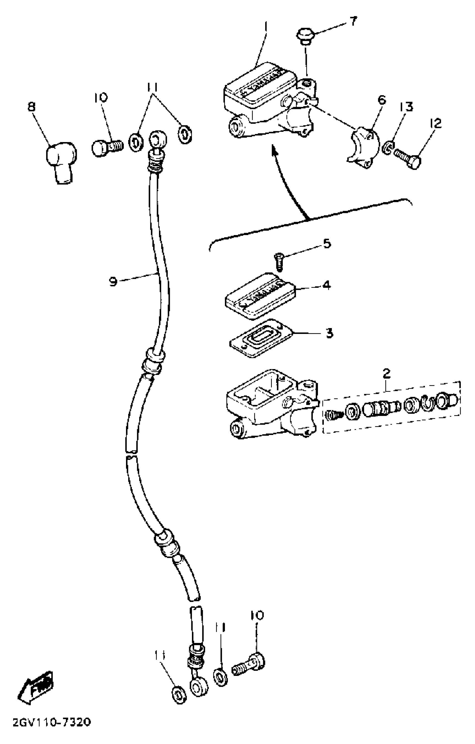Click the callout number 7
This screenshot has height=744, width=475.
pos(353,21)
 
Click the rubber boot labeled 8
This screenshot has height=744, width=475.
pos(61,161)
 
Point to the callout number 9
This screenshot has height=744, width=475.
pos(113,281)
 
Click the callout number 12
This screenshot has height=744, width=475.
pos(435,123)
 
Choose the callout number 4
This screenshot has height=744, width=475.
pos(326,285)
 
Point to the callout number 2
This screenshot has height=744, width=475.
pos(386,374)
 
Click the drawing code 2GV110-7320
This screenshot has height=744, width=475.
pos(51,731)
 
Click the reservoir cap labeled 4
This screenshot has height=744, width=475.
pos(260,295)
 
